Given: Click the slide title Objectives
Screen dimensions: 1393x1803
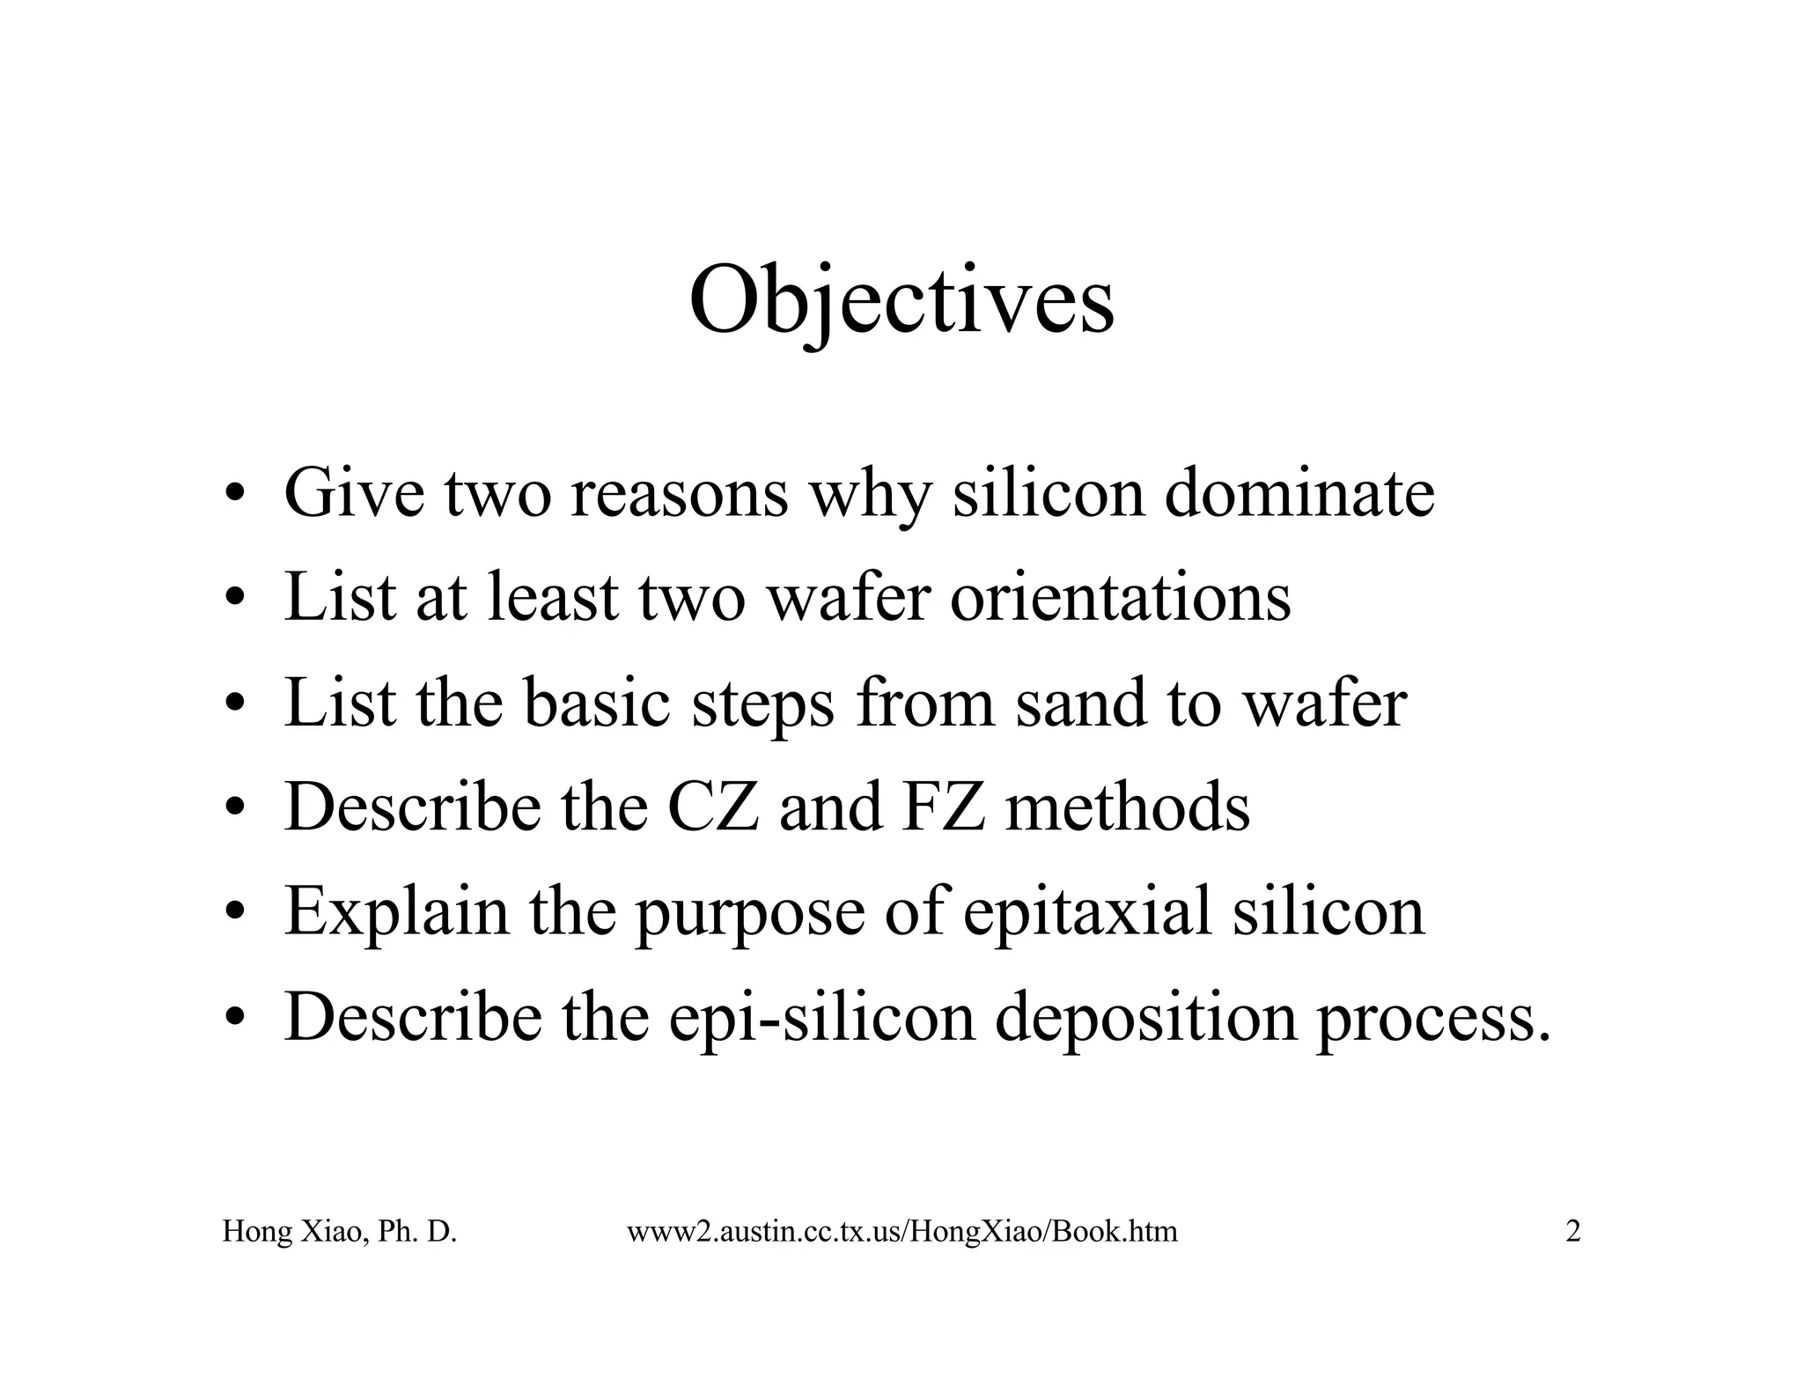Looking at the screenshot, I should pyautogui.click(x=901, y=301).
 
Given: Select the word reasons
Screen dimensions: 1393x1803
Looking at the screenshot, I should pyautogui.click(x=679, y=493).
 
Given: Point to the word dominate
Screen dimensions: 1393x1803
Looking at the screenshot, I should pyautogui.click(x=1299, y=493).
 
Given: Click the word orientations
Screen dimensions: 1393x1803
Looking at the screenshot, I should pyautogui.click(x=1120, y=598).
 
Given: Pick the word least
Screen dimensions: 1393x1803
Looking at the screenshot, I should pyautogui.click(x=553, y=598).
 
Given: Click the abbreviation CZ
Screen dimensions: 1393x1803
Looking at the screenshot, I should pyautogui.click(x=713, y=807).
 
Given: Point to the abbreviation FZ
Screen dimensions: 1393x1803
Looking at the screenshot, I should pyautogui.click(x=943, y=807).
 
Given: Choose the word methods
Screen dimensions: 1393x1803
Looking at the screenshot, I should pyautogui.click(x=1127, y=807).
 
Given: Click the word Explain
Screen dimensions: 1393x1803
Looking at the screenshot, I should pyautogui.click(x=396, y=912).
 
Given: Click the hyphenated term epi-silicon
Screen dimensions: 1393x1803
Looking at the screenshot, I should pyautogui.click(x=822, y=1018).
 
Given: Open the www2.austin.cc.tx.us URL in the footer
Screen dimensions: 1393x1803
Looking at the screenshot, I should pyautogui.click(x=901, y=1231).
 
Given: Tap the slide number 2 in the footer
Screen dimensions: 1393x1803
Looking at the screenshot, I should pyautogui.click(x=1572, y=1231).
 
